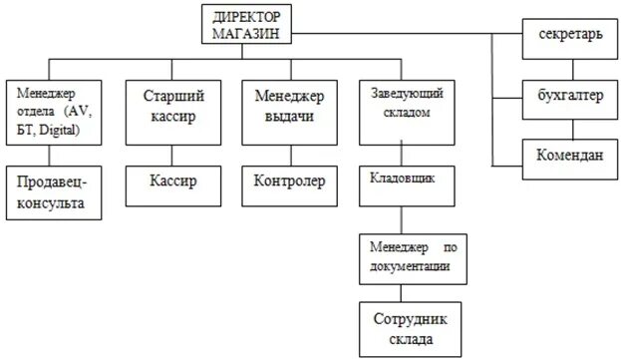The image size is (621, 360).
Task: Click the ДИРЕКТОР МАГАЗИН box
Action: [248, 25]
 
